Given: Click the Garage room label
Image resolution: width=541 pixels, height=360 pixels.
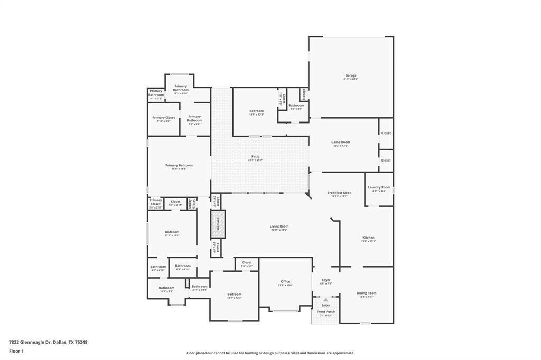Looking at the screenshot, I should (351, 76).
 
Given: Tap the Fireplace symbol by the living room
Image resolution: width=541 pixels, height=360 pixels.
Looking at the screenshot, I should (218, 224).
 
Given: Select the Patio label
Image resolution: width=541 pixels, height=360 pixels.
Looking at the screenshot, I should (255, 157).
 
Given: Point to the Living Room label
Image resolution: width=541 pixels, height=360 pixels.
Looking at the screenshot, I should (279, 226).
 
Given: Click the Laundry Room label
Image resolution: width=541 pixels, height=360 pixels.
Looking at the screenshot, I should (379, 188).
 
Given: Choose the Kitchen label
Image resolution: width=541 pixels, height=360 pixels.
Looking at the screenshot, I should (368, 238).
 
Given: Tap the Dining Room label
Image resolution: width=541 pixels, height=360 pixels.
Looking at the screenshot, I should (367, 293).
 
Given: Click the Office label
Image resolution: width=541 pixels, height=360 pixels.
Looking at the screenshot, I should (285, 282).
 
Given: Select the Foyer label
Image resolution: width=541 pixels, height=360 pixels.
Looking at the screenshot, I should (325, 280).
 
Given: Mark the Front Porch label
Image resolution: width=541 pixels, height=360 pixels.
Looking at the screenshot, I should (325, 312).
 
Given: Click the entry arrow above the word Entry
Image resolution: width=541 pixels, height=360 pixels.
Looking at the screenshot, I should (325, 300).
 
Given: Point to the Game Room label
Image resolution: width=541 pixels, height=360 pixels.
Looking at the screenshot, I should (340, 143).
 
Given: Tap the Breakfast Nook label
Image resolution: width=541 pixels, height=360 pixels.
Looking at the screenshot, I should (339, 193).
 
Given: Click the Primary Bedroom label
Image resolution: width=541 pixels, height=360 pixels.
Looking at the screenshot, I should (179, 166).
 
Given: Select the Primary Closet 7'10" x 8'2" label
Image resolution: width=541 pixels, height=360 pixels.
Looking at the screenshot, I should (163, 118).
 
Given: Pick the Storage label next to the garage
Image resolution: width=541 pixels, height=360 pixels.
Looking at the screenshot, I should (304, 94).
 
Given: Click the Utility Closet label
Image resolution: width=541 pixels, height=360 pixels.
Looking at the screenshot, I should (194, 203).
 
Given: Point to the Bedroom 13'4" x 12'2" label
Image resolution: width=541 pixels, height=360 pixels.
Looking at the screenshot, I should (256, 111).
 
